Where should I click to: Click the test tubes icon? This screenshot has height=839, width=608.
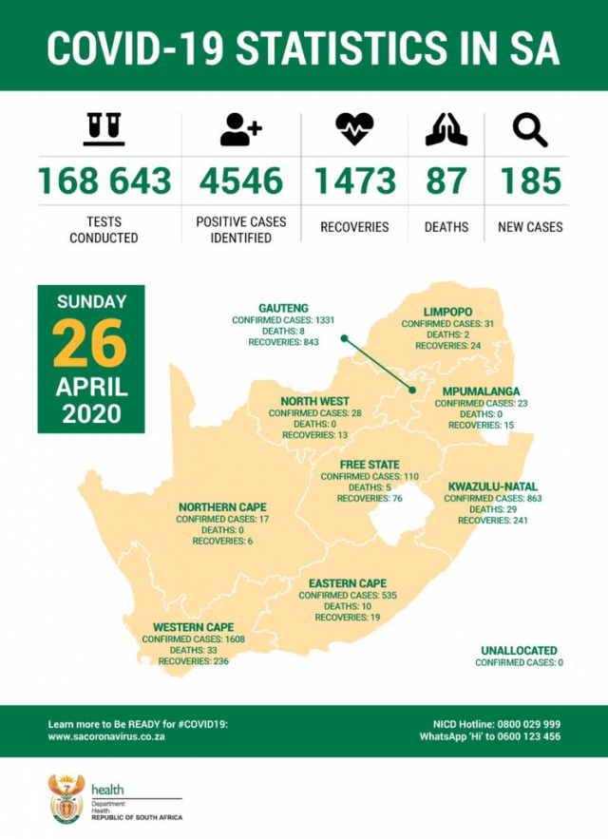(104, 129)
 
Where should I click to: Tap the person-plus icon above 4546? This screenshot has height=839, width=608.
(240, 129)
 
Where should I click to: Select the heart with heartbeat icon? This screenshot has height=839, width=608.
(354, 129)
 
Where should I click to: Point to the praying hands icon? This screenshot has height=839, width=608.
(446, 129)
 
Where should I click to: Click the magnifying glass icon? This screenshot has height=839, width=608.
(530, 129)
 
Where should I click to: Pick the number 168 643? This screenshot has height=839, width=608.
(104, 181)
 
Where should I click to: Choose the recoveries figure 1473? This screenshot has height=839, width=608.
(354, 181)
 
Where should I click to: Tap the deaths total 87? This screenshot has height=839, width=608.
(446, 181)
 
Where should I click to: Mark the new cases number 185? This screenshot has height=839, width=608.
(530, 181)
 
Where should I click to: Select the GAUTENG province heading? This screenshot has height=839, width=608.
(283, 309)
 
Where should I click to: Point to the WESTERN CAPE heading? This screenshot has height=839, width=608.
(193, 627)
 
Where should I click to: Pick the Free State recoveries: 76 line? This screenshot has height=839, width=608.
(370, 498)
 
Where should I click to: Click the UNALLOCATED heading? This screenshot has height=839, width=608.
(519, 651)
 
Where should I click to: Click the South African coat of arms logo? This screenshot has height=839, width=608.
(66, 798)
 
